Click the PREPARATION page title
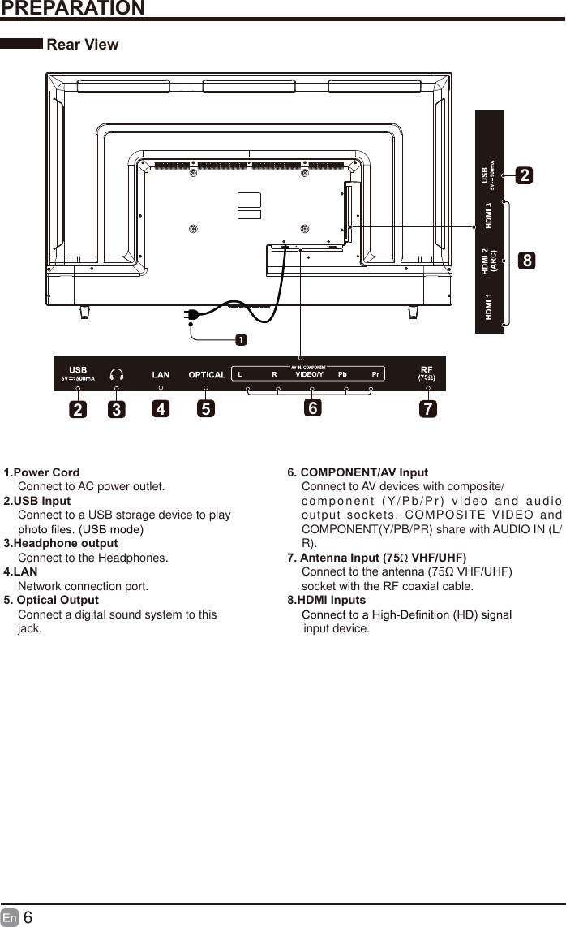pyautogui.click(x=73, y=9)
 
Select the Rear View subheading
pyautogui.click(x=83, y=45)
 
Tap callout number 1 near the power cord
pyautogui.click(x=241, y=338)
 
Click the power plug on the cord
pyautogui.click(x=193, y=315)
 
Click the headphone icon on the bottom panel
pyautogui.click(x=117, y=374)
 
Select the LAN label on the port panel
pyautogui.click(x=161, y=374)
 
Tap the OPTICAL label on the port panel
pyautogui.click(x=207, y=374)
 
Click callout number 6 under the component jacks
pyautogui.click(x=312, y=409)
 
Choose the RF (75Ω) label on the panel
pyautogui.click(x=426, y=373)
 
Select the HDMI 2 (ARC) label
pyautogui.click(x=489, y=261)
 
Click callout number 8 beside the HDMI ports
pyautogui.click(x=527, y=261)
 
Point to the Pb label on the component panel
pyautogui.click(x=342, y=374)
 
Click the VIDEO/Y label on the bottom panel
pyautogui.click(x=309, y=374)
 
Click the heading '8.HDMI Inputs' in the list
pyautogui.click(x=327, y=601)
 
